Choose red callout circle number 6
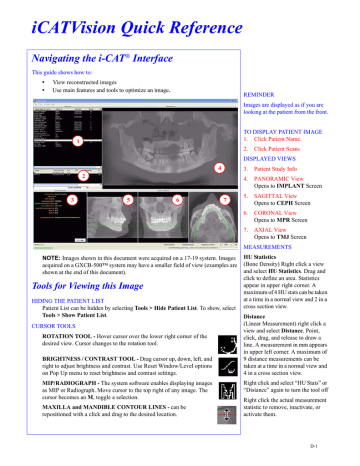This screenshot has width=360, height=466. tap(177, 200)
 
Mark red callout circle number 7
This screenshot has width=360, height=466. tap(225, 200)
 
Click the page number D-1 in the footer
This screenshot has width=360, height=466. tap(339, 456)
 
